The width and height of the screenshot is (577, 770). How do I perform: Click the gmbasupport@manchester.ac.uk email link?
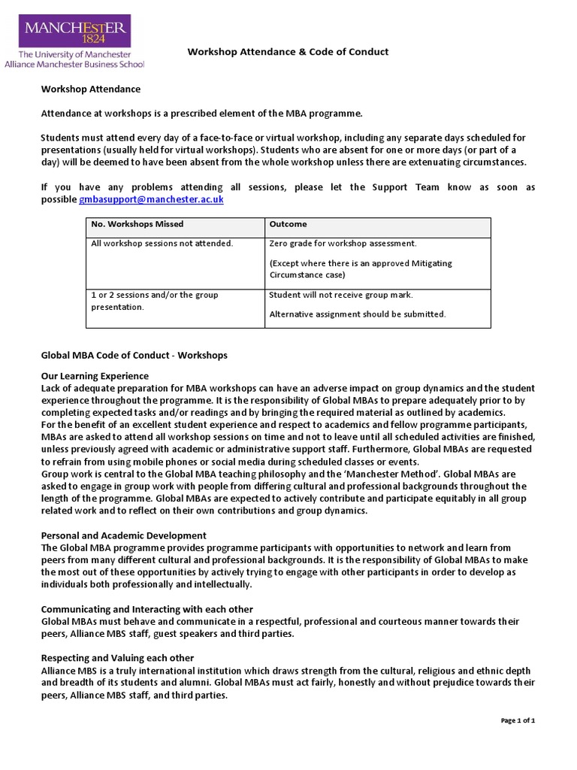151,200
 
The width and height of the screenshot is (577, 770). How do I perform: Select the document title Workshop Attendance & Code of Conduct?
288,52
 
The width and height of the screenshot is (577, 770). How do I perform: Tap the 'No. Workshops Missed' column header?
137,224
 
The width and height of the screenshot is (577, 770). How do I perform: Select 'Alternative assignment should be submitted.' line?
357,314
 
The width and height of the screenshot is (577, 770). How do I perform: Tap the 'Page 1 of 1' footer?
518,720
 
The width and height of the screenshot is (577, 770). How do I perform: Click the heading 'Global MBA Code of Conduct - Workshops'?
134,355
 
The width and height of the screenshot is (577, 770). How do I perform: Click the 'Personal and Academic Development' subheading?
123,535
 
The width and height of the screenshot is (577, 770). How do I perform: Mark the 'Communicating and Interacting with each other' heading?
147,609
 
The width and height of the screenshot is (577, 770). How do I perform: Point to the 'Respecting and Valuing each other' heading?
117,658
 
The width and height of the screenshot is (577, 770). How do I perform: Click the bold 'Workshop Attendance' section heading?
90,89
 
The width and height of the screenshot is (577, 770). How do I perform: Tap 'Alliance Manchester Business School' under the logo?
74,65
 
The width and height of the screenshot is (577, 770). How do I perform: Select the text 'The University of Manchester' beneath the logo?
74,55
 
